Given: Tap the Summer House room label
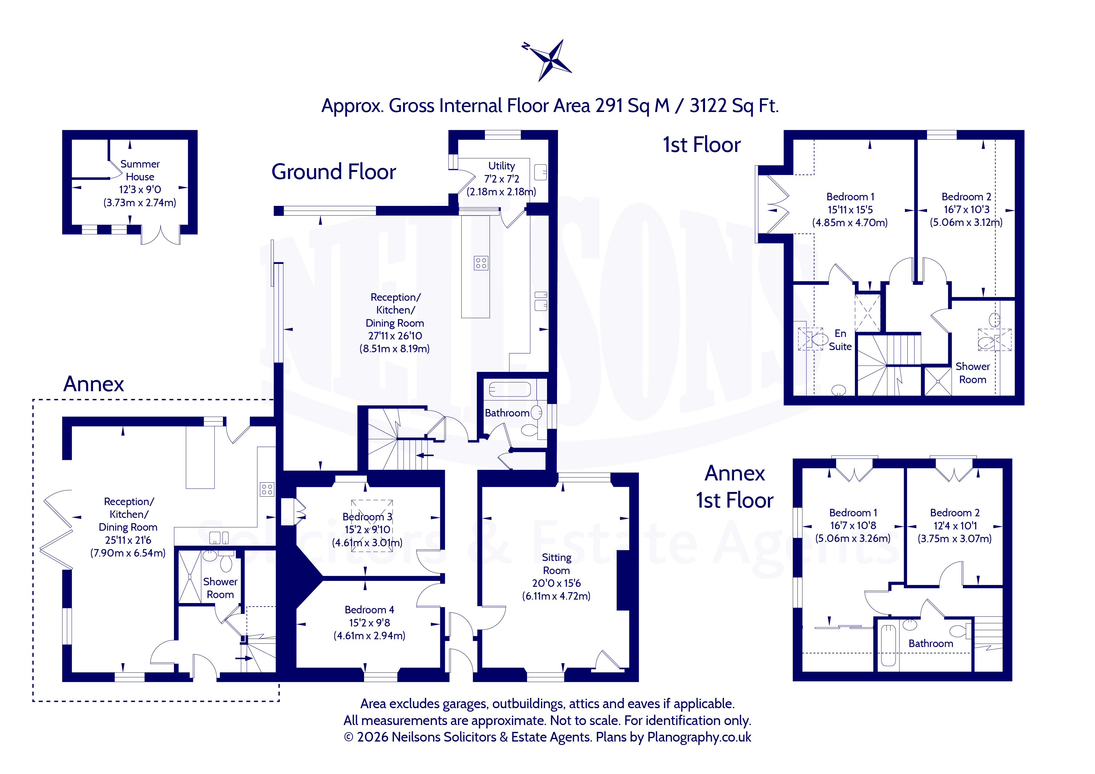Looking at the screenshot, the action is pyautogui.click(x=140, y=170).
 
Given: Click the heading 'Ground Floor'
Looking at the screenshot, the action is pyautogui.click(x=333, y=172).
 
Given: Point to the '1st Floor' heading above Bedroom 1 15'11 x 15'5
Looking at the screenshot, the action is pyautogui.click(x=702, y=145).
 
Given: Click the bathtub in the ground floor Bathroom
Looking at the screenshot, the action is pyautogui.click(x=509, y=389).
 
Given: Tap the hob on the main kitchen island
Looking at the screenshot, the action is pyautogui.click(x=481, y=263).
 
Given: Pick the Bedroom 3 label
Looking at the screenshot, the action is pyautogui.click(x=367, y=517).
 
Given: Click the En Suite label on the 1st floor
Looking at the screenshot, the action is pyautogui.click(x=840, y=340).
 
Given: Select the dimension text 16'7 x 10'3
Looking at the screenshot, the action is pyautogui.click(x=966, y=209).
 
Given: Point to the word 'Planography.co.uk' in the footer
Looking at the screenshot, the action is pyautogui.click(x=699, y=737).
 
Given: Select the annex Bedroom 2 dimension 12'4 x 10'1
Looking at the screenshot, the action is pyautogui.click(x=955, y=526).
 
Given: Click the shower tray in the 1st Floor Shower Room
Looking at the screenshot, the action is pyautogui.click(x=938, y=381).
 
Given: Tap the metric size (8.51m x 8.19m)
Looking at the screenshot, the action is pyautogui.click(x=394, y=348).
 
